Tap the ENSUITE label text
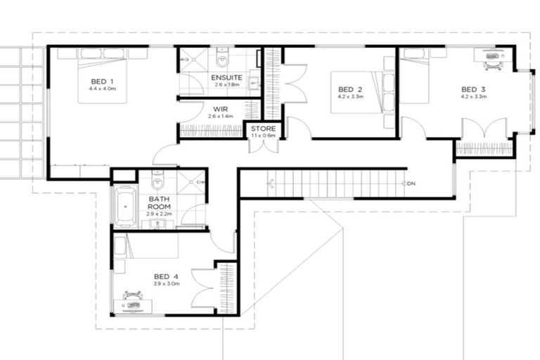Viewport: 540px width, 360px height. (x=226, y=77)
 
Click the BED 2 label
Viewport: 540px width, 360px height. (x=349, y=89)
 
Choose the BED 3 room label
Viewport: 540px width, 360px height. (x=473, y=89)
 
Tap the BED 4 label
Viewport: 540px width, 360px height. (x=167, y=276)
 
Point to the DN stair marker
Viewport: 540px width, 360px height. (x=411, y=184)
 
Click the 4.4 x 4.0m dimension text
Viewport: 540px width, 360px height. (x=102, y=89)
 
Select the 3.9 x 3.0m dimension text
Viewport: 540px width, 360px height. (x=167, y=284)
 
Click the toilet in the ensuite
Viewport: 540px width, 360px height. (x=221, y=54)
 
